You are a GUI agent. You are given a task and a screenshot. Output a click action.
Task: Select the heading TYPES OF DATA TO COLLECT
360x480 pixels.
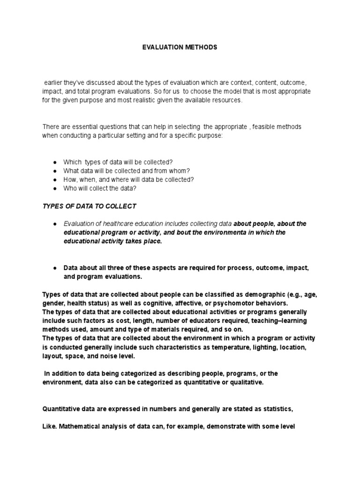89,206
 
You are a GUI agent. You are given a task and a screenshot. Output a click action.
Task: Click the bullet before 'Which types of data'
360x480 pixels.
55,162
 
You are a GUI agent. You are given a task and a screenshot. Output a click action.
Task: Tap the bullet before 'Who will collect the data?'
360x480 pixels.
55,188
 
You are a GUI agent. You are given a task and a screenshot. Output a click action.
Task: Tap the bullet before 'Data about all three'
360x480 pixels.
55,268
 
